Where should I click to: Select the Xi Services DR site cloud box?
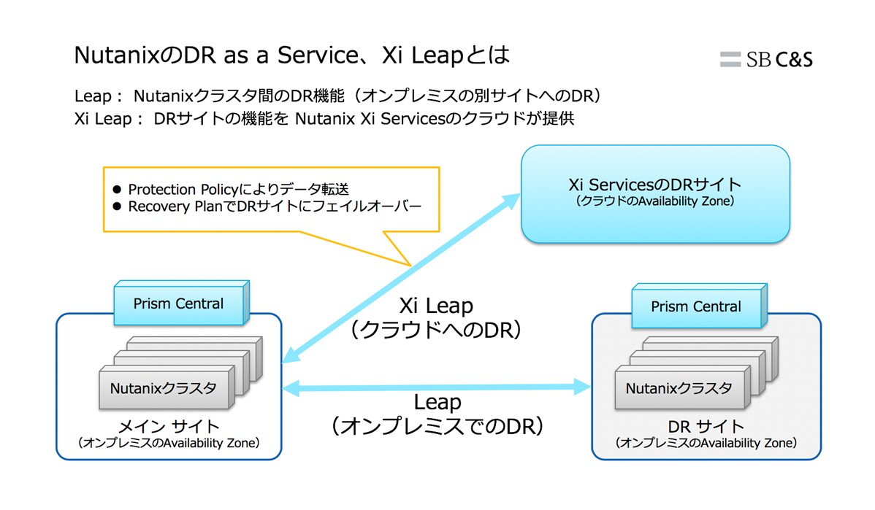pos(654,193)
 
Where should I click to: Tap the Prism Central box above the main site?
pos(178,304)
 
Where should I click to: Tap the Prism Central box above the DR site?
pos(695,307)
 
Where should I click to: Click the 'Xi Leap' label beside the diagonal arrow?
pos(436,305)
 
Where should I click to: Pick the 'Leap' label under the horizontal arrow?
pos(437,402)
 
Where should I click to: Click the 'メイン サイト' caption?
pos(169,426)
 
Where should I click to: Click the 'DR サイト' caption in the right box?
pos(706,427)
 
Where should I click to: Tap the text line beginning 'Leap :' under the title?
pos(341,96)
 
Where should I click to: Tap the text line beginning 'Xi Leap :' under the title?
pos(324,118)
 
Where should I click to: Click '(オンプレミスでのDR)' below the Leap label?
pos(437,426)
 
